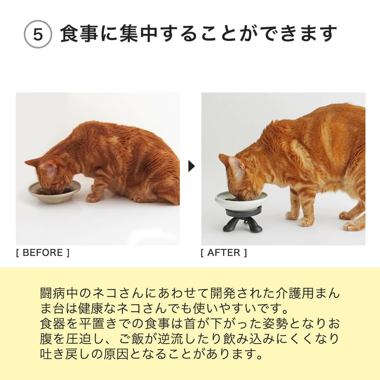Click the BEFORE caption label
(x=42, y=253)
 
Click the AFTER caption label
(x=224, y=253)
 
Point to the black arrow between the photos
(x=191, y=166)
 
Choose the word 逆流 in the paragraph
(x=180, y=338)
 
